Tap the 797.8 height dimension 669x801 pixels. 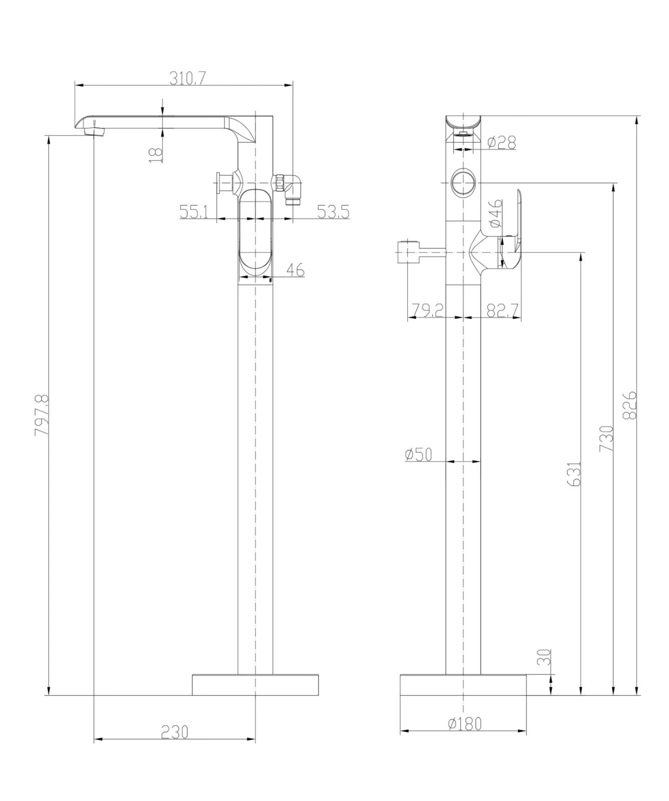42,415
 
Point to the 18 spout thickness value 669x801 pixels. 156,153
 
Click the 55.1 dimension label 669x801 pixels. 194,212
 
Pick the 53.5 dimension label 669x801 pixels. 333,212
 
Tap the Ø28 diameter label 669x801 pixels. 501,143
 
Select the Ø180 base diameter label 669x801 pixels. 465,723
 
